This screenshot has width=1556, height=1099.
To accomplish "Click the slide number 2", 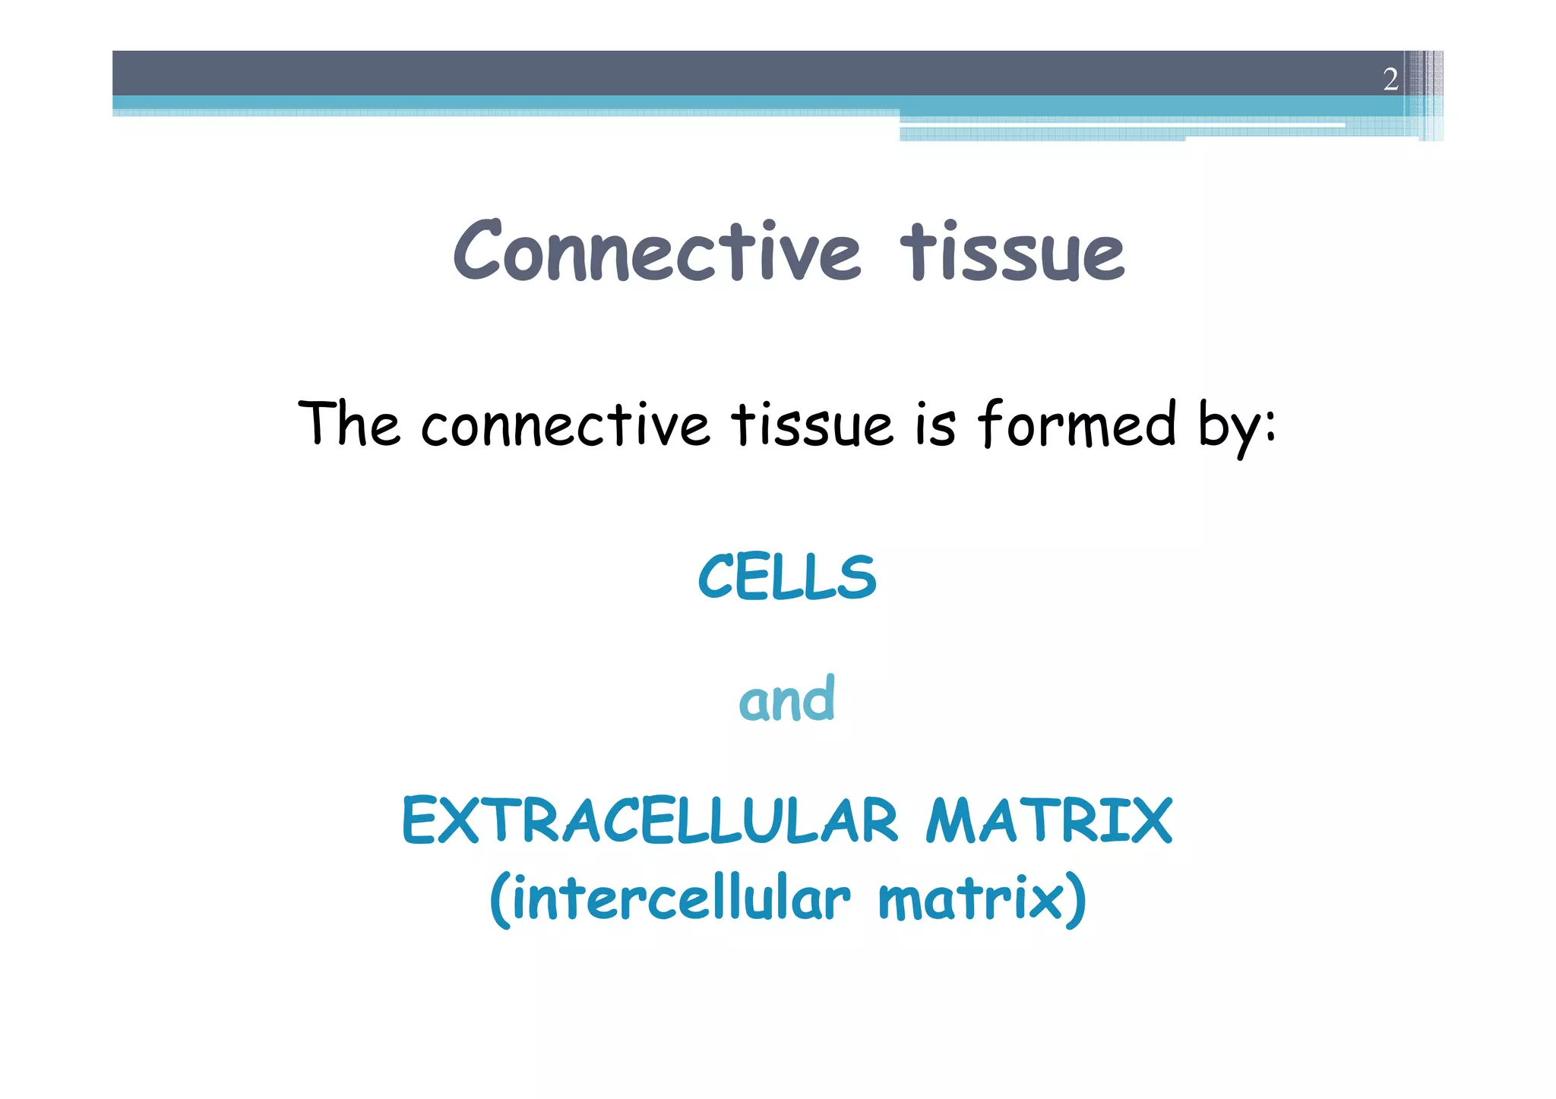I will click(x=1390, y=79).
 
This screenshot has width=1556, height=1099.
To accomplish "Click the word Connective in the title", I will click(x=656, y=251).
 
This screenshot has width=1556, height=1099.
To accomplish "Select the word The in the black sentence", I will click(x=349, y=425).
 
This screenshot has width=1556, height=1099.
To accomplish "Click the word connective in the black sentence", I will click(x=565, y=425).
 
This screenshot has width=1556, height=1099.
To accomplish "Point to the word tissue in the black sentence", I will click(x=811, y=425).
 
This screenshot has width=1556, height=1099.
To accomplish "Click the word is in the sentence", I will click(x=935, y=425).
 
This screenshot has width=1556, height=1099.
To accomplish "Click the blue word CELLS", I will click(x=787, y=577).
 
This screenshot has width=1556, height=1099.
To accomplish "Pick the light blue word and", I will click(x=787, y=699).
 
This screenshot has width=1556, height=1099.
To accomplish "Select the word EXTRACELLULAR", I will click(x=650, y=821).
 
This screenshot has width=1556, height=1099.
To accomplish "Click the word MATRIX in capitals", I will click(x=1048, y=821).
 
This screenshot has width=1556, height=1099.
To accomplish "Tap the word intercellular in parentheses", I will click(x=681, y=899).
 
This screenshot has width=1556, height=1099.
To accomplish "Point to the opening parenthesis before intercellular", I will click(x=499, y=901).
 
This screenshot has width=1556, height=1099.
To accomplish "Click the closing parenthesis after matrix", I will click(x=1076, y=901).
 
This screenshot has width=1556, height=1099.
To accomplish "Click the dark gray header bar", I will click(x=684, y=73).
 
